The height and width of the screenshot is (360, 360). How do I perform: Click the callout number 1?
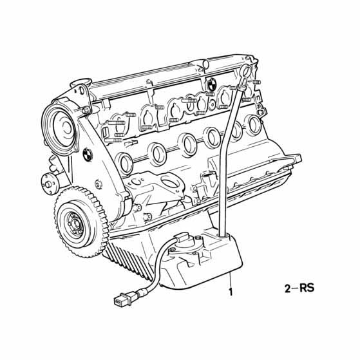(231, 292)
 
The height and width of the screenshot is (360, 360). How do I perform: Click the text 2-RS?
(299, 288)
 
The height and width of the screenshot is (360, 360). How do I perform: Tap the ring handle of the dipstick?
(246, 72)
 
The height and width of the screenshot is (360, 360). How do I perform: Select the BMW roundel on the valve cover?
(211, 83)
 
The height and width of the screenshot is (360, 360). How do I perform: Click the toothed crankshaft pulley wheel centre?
(75, 223)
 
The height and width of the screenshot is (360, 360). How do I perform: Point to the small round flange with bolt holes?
(49, 184)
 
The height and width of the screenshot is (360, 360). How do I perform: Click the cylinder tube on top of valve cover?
(203, 63)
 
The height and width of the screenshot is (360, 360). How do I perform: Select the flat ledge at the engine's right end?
(291, 160)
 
